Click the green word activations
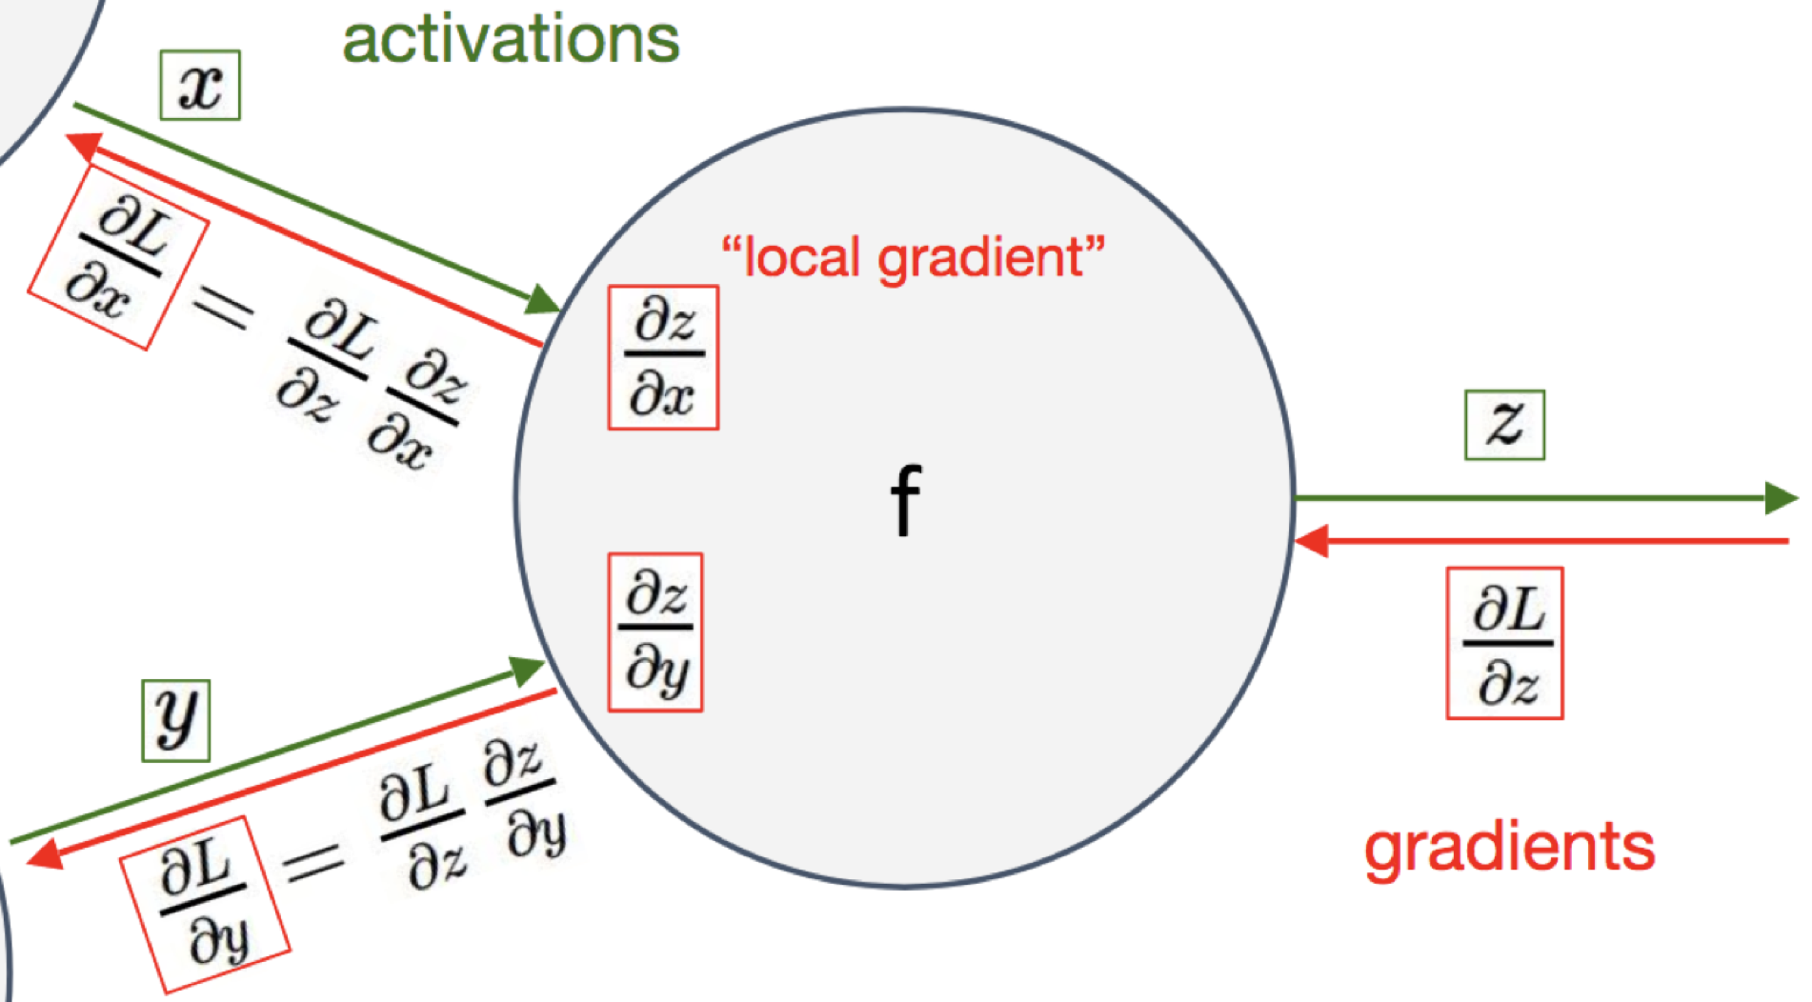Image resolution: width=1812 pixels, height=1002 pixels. (511, 40)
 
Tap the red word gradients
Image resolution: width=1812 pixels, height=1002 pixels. (1509, 848)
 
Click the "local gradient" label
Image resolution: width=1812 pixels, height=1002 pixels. (913, 257)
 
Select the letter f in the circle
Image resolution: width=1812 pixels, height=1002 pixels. (906, 500)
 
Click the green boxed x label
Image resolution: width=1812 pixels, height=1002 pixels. (200, 86)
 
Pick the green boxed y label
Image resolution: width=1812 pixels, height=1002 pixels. (176, 721)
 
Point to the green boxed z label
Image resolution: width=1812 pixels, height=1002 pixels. (1504, 425)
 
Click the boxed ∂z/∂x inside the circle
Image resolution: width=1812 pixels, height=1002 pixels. (663, 357)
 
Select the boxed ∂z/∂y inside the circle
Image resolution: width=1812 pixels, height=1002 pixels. (655, 632)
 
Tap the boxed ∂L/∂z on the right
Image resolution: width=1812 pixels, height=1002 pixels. (1504, 643)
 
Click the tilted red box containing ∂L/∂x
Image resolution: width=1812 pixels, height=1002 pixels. (118, 258)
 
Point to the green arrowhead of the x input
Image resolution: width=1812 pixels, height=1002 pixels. (542, 300)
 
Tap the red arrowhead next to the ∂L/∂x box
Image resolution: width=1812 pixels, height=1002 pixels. (84, 146)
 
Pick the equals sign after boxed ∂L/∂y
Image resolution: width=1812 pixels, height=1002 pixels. (314, 862)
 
